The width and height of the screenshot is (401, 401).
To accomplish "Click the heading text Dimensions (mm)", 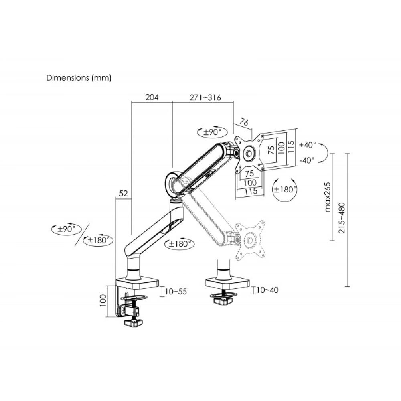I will [x=79, y=78].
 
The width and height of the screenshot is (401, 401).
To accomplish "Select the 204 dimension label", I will [x=152, y=97].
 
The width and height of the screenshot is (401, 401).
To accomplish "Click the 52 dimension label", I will [x=123, y=194].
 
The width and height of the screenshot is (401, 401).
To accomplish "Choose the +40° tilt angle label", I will [x=308, y=144].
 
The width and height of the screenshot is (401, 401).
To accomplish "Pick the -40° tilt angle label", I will [x=308, y=160].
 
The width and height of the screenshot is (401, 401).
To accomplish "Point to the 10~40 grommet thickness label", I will [x=267, y=290].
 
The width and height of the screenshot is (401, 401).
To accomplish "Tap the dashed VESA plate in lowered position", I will [x=250, y=240].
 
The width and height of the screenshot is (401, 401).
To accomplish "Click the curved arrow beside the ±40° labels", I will [x=327, y=152].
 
